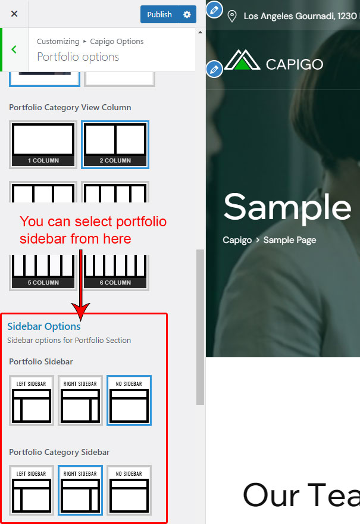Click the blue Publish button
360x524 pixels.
click(159, 14)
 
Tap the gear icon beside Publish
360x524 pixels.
click(187, 14)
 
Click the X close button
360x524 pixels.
click(14, 14)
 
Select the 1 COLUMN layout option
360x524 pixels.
click(43, 145)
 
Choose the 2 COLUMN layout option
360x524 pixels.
click(115, 145)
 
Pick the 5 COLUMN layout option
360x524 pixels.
click(43, 272)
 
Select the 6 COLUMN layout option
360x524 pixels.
click(115, 272)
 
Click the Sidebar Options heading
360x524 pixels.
click(44, 326)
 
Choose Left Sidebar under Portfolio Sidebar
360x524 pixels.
click(32, 400)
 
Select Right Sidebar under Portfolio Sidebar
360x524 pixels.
click(80, 400)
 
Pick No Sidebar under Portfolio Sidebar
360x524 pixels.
click(129, 400)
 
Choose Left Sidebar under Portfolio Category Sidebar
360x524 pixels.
click(32, 490)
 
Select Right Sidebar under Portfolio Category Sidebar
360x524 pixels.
click(80, 490)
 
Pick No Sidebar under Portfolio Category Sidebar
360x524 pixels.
click(129, 490)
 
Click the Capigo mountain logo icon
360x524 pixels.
click(242, 60)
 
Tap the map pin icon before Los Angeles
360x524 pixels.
click(231, 15)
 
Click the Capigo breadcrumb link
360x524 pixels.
click(237, 240)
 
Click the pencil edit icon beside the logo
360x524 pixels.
click(214, 70)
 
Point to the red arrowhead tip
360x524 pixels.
click(80, 320)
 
